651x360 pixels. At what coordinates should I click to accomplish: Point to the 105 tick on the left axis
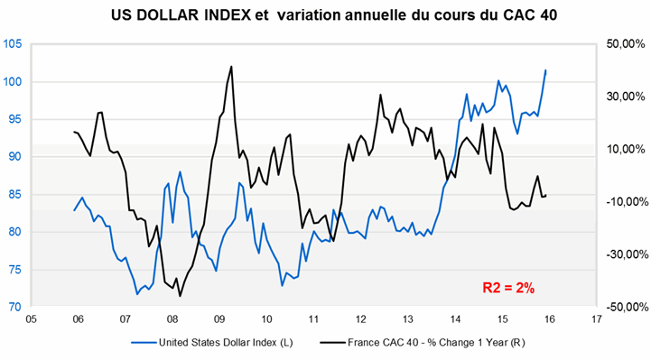[x=14, y=44]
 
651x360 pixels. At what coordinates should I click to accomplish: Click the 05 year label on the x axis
[x=31, y=318]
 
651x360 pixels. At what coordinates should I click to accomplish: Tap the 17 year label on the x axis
[x=595, y=318]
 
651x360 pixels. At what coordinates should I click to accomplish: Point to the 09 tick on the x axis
[x=219, y=318]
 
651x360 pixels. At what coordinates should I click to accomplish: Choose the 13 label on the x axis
[x=407, y=318]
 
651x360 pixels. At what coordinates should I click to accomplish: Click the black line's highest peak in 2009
[x=232, y=66]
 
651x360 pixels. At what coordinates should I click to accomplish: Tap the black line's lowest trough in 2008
[x=180, y=296]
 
